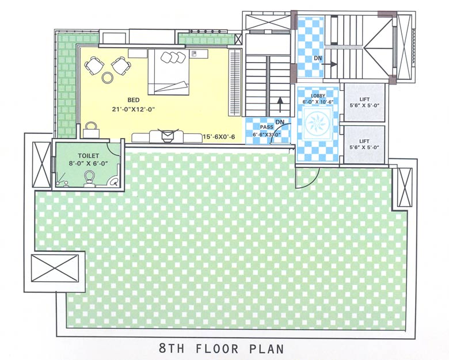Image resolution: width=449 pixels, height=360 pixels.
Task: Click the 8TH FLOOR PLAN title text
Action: click(x=221, y=348)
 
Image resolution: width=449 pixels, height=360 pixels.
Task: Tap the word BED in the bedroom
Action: click(x=134, y=100)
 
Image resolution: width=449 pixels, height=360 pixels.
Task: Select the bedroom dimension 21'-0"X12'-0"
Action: click(x=135, y=109)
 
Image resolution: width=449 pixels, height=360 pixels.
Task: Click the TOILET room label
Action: click(x=89, y=155)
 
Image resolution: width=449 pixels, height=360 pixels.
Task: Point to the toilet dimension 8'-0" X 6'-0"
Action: click(x=89, y=163)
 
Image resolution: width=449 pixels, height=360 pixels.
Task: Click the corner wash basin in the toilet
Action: click(x=114, y=181)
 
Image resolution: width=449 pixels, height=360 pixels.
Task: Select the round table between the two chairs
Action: click(x=108, y=77)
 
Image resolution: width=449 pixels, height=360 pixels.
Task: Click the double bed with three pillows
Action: click(x=168, y=72)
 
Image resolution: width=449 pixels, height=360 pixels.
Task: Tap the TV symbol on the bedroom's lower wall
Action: click(x=166, y=136)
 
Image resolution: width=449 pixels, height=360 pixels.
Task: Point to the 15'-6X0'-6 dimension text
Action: click(x=219, y=137)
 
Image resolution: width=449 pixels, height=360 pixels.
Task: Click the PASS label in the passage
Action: click(x=266, y=127)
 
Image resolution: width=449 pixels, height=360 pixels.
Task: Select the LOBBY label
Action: click(x=318, y=95)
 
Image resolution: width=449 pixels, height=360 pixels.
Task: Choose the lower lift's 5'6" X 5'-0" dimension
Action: click(x=364, y=148)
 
